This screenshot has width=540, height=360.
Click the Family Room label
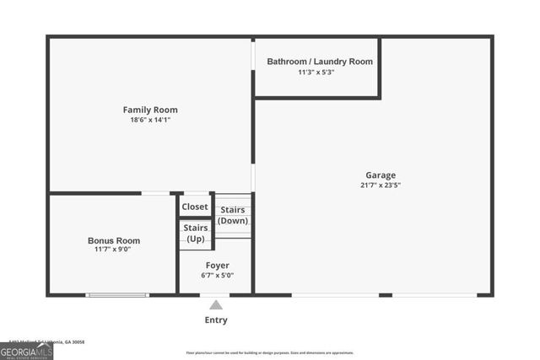tap(150, 110)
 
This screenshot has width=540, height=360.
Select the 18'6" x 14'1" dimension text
tap(150, 121)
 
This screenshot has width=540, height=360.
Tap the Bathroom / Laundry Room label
tap(320, 62)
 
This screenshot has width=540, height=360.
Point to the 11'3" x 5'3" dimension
tap(316, 73)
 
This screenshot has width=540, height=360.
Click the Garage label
tap(381, 175)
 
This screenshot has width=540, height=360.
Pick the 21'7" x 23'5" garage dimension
tap(381, 185)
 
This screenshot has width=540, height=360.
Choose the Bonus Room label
tap(114, 240)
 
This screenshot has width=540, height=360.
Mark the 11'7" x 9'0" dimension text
tap(112, 250)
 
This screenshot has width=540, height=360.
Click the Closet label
tap(195, 207)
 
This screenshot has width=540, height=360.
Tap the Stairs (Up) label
tap(196, 234)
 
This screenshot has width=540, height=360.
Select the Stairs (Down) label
tap(233, 216)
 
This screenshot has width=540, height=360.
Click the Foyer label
tap(217, 266)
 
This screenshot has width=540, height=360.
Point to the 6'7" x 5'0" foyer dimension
tap(217, 276)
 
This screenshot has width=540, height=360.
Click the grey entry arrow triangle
tap(216, 305)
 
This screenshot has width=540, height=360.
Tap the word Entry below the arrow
tap(216, 320)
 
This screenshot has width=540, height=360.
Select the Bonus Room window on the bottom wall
tap(117, 295)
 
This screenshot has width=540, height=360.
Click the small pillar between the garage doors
tap(386, 295)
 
